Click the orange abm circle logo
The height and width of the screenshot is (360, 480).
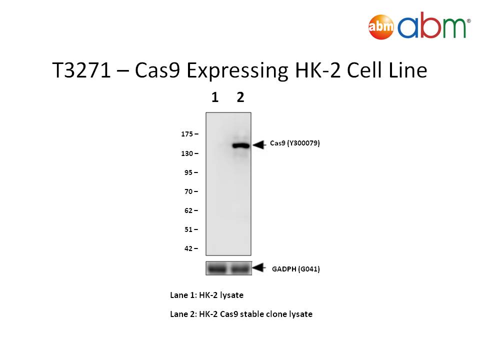(x=381, y=26)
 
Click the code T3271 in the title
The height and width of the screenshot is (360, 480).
(x=81, y=70)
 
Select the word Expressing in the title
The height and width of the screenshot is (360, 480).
(x=237, y=71)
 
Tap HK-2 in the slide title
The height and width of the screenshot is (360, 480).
(x=317, y=70)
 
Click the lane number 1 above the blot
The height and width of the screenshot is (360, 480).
(x=215, y=97)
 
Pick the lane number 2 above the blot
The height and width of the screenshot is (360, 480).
(x=240, y=97)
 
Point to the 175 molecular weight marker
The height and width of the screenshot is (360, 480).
(x=187, y=134)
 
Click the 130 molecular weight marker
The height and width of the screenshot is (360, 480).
(x=187, y=153)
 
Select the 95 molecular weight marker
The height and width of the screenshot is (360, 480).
(x=188, y=172)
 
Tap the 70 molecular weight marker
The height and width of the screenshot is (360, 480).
(x=188, y=191)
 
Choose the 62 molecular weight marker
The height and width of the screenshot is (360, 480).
(x=188, y=210)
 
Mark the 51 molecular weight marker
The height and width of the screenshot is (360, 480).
(x=188, y=229)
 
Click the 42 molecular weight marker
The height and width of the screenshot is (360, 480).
(x=188, y=248)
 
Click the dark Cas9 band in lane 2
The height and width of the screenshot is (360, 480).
(x=241, y=145)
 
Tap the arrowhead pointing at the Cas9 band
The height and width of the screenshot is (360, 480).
(x=259, y=145)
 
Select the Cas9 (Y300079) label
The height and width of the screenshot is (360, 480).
(x=295, y=143)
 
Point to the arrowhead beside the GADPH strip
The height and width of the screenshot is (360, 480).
(x=259, y=267)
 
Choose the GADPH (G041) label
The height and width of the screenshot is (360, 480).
(x=295, y=269)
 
